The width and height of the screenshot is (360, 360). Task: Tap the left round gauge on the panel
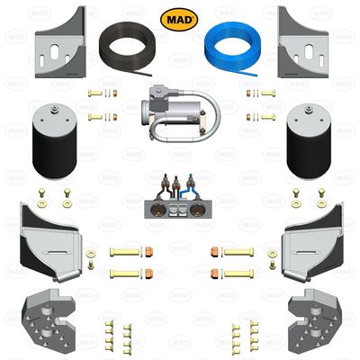[x=165, y=211]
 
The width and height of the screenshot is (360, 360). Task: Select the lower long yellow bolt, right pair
[x=238, y=272]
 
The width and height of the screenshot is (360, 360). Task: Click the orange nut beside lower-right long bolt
[x=214, y=272]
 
